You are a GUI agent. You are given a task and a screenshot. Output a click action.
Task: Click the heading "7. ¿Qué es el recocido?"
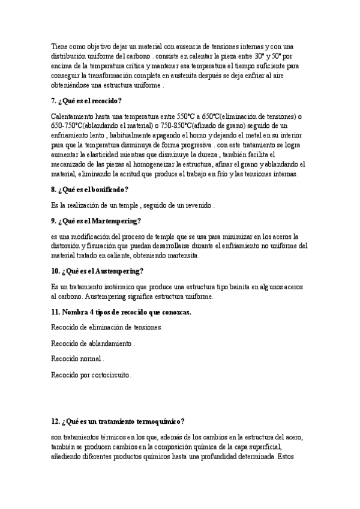click(87, 101)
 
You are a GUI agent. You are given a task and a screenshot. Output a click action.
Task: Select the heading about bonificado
click(89, 190)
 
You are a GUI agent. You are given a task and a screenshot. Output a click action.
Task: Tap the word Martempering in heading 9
click(118, 221)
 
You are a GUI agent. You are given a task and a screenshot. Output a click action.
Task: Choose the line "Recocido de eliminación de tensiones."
click(107, 327)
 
